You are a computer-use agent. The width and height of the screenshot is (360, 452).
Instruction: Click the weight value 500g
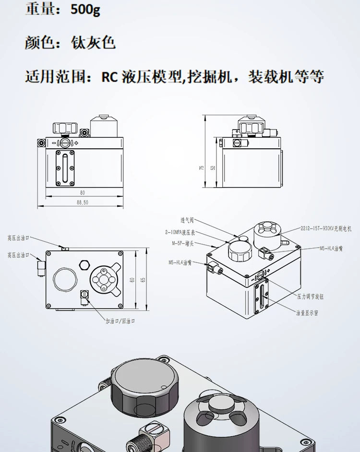coord(85,10)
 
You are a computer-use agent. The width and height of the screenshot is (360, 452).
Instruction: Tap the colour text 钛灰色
coord(94,43)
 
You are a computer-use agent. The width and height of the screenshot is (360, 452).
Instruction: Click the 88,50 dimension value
coord(82,203)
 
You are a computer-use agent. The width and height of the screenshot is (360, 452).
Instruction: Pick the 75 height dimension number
coord(202,167)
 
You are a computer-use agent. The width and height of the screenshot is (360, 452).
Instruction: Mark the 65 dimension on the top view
coord(143,280)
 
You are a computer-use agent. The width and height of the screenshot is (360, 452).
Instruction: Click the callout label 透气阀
coord(187,221)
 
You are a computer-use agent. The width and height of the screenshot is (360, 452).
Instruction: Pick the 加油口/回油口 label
coord(120,321)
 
